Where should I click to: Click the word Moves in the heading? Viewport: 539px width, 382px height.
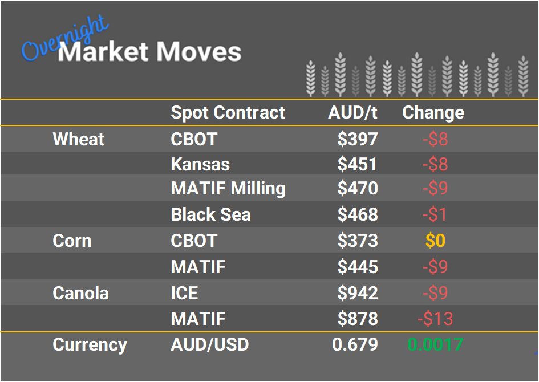pyautogui.click(x=199, y=52)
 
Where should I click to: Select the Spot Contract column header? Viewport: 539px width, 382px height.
pyautogui.click(x=228, y=112)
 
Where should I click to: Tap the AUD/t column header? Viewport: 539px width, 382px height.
pyautogui.click(x=352, y=112)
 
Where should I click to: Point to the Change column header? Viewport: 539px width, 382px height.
pyautogui.click(x=433, y=112)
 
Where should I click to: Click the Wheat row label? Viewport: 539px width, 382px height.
pyautogui.click(x=78, y=139)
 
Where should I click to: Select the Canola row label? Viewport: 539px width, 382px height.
pyautogui.click(x=80, y=293)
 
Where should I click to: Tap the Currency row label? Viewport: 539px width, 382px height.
pyautogui.click(x=90, y=344)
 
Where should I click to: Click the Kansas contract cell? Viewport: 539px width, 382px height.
pyautogui.click(x=200, y=165)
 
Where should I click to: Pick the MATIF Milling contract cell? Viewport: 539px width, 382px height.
pyautogui.click(x=228, y=189)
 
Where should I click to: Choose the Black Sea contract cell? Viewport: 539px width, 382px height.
pyautogui.click(x=210, y=214)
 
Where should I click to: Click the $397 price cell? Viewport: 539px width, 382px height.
pyautogui.click(x=357, y=139)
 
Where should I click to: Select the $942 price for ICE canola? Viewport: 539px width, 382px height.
pyautogui.click(x=357, y=293)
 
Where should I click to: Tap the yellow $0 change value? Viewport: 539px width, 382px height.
pyautogui.click(x=435, y=241)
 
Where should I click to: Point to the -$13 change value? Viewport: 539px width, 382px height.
pyautogui.click(x=435, y=319)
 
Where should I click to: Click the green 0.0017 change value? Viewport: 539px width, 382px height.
pyautogui.click(x=435, y=344)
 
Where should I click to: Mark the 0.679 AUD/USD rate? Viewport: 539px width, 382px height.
pyautogui.click(x=355, y=344)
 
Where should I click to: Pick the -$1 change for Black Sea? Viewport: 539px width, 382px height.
pyautogui.click(x=435, y=214)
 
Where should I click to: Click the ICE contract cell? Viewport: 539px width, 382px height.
pyautogui.click(x=184, y=293)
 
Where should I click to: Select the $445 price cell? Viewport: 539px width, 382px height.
pyautogui.click(x=357, y=267)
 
